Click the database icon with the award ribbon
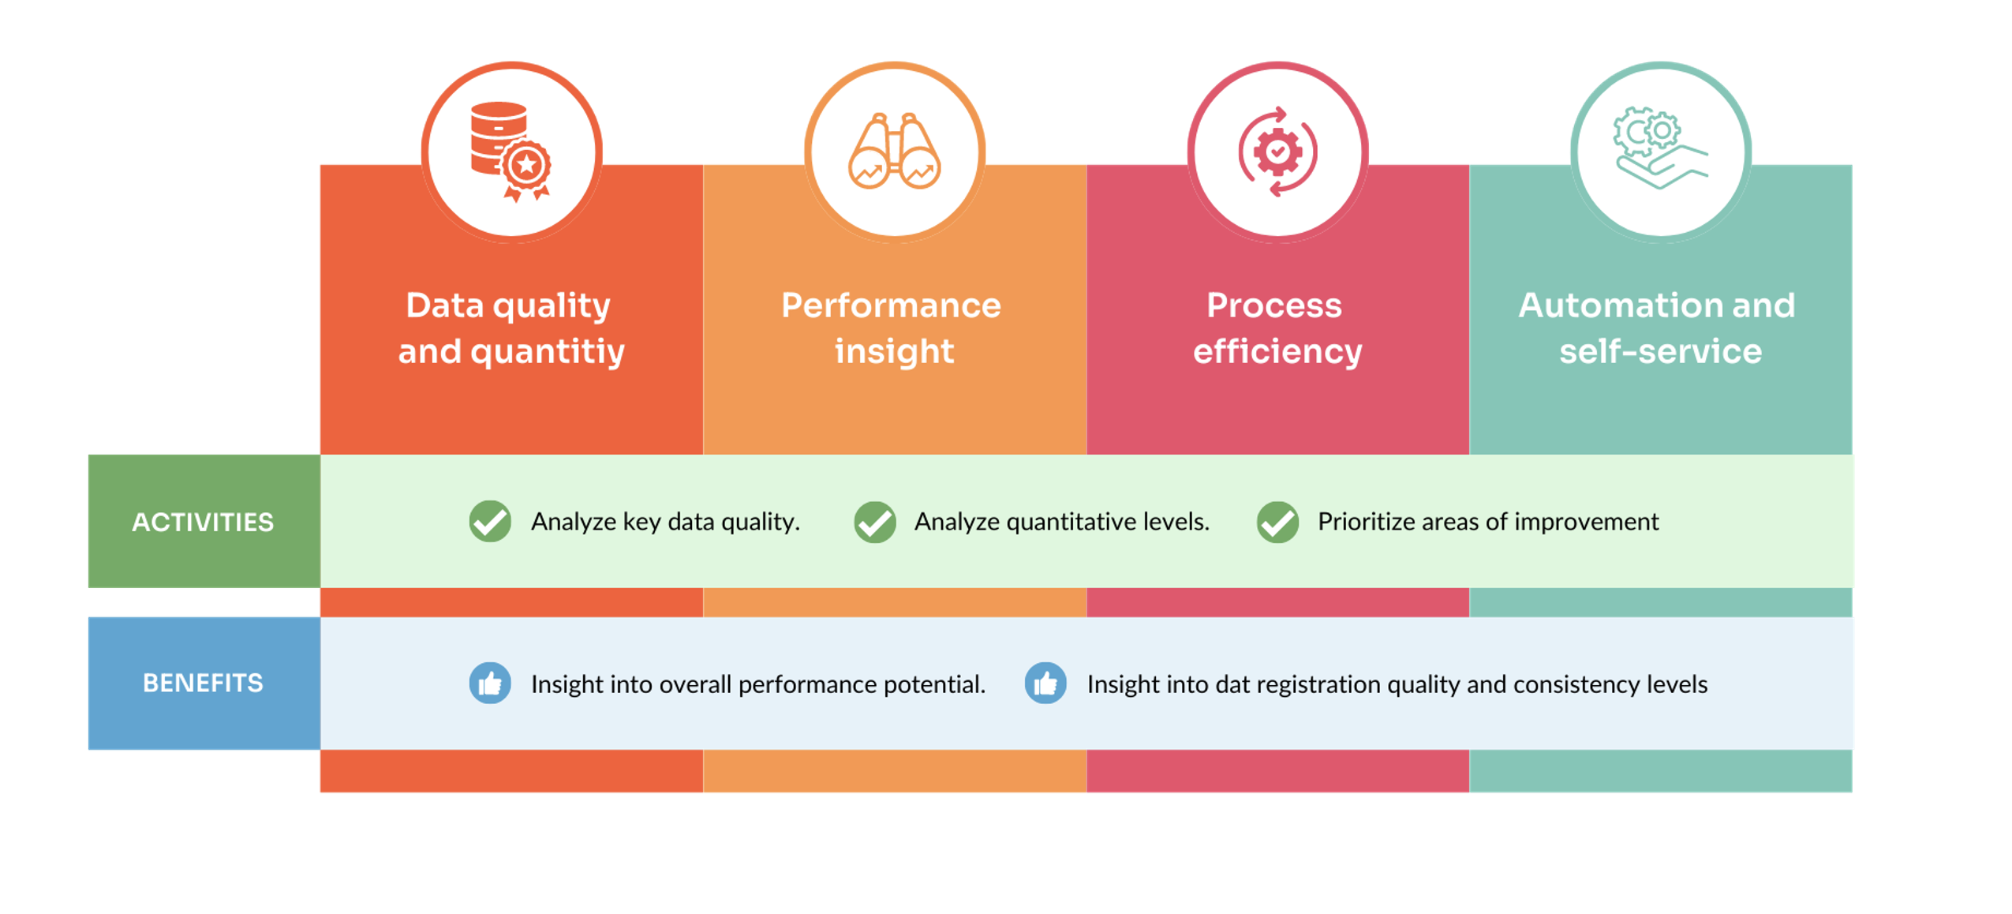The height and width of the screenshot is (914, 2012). [x=508, y=150]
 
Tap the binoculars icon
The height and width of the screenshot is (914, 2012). [x=893, y=152]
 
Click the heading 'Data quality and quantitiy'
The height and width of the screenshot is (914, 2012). [x=510, y=328]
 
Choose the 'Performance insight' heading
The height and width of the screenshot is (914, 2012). [x=892, y=328]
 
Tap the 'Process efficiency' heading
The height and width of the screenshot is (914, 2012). [x=1276, y=328]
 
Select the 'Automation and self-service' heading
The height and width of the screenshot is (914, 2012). [x=1658, y=328]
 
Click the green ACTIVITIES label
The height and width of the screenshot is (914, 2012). [x=203, y=521]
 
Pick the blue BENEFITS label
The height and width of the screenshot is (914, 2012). [x=203, y=682]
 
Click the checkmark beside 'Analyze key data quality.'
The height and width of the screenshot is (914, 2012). [x=489, y=521]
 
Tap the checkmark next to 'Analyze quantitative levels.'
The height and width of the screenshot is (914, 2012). [x=873, y=521]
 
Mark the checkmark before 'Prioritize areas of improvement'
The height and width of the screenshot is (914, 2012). [x=1276, y=521]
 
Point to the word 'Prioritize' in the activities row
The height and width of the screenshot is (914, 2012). [x=1365, y=521]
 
